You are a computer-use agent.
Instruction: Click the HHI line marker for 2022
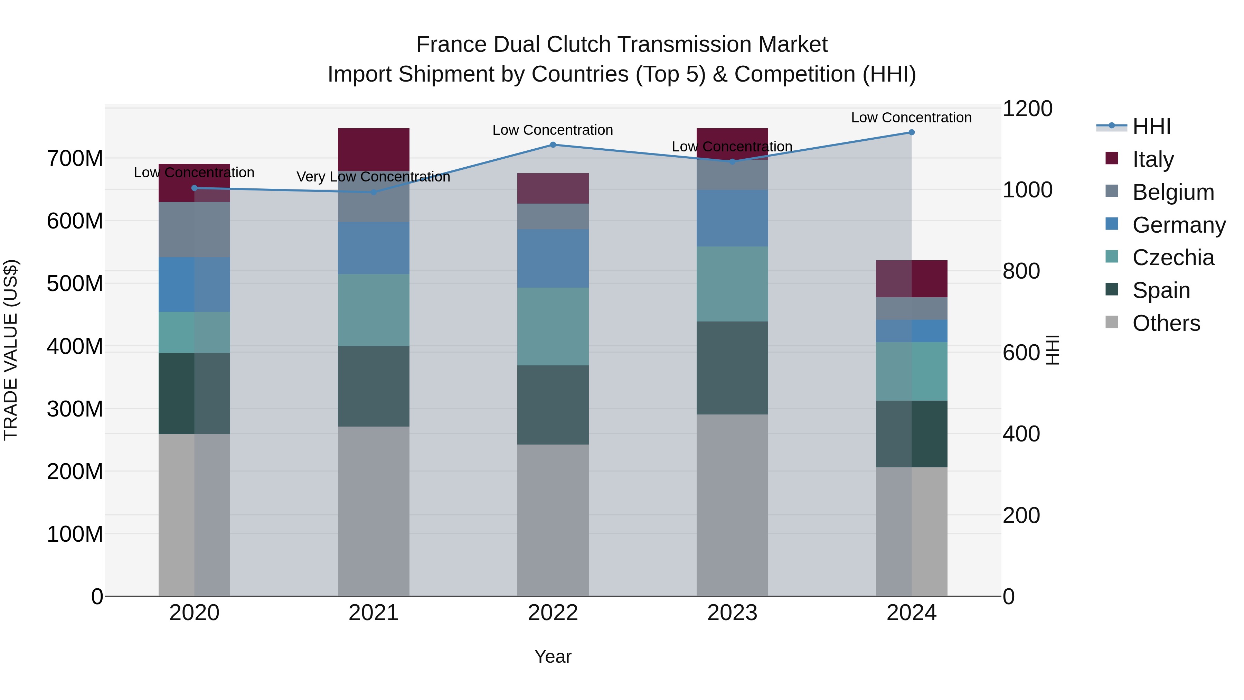point(553,144)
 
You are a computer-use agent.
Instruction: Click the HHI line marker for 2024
point(911,132)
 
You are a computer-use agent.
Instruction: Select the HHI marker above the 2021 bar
point(373,192)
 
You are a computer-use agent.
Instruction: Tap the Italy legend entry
point(1153,159)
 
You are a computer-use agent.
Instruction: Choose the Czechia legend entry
point(1172,258)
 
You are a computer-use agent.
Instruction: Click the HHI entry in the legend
point(1151,127)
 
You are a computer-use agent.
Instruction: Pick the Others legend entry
point(1166,323)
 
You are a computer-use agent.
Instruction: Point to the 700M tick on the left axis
point(75,158)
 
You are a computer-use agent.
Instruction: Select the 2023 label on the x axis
point(732,613)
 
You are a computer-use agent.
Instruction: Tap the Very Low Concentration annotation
point(373,177)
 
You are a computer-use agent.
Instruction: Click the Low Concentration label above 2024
point(911,118)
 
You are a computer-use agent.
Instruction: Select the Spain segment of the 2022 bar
point(553,405)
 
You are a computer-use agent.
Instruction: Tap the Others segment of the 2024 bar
point(911,531)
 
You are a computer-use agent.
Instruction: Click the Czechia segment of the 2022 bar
point(553,327)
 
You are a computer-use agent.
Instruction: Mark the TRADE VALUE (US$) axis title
point(11,350)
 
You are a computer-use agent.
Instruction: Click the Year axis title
point(553,656)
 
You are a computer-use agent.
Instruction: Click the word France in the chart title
point(452,45)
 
